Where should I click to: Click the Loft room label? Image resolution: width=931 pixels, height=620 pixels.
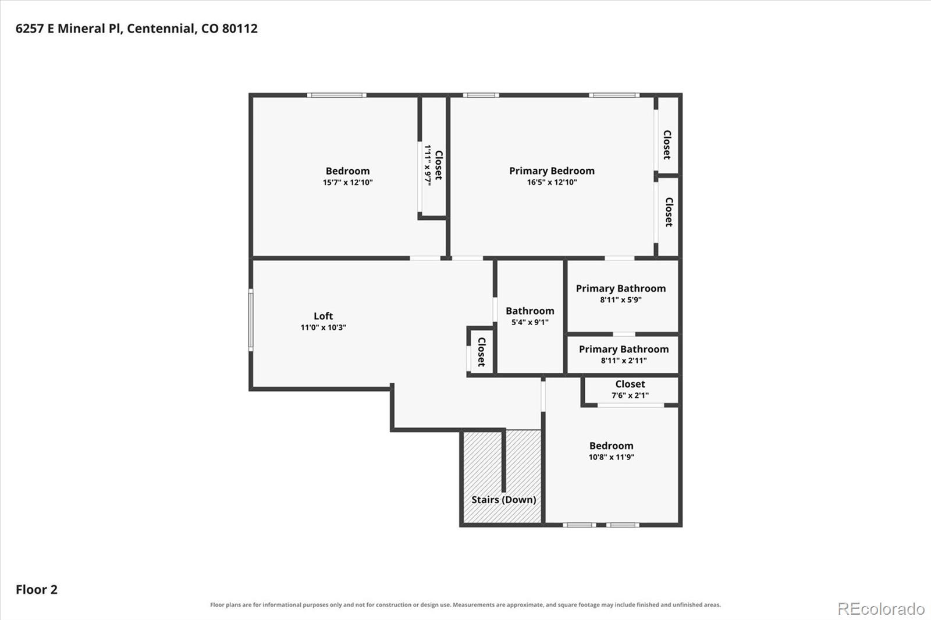pyautogui.click(x=323, y=316)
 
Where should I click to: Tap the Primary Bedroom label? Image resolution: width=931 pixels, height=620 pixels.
pyautogui.click(x=552, y=171)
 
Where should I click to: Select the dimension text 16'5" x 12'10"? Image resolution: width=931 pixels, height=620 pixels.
pyautogui.click(x=552, y=182)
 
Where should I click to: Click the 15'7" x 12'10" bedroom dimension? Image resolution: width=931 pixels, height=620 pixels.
pyautogui.click(x=347, y=182)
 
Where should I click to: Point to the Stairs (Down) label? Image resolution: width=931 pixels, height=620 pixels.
pyautogui.click(x=503, y=500)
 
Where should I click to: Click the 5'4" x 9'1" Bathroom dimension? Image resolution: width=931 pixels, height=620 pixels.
pyautogui.click(x=530, y=322)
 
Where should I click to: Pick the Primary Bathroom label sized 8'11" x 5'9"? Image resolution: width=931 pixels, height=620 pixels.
pyautogui.click(x=620, y=288)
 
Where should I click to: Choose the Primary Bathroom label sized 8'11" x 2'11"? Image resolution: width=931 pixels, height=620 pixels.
pyautogui.click(x=623, y=349)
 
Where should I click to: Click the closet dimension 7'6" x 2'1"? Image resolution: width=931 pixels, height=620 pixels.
pyautogui.click(x=630, y=395)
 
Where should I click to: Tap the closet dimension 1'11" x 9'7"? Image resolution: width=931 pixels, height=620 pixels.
pyautogui.click(x=427, y=165)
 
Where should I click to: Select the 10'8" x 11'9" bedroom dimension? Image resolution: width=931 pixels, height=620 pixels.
pyautogui.click(x=611, y=457)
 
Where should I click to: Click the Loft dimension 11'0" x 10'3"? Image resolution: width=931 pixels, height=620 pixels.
pyautogui.click(x=323, y=327)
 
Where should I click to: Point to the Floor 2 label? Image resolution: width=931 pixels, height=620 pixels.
pyautogui.click(x=37, y=589)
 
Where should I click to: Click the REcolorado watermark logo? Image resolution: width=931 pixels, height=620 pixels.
pyautogui.click(x=881, y=609)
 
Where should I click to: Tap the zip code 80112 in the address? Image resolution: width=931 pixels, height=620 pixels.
pyautogui.click(x=240, y=28)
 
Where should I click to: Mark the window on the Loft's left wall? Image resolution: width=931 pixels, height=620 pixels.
pyautogui.click(x=251, y=320)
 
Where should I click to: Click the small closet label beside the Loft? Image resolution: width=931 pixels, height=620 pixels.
pyautogui.click(x=481, y=351)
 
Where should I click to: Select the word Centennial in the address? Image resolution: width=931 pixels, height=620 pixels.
pyautogui.click(x=161, y=28)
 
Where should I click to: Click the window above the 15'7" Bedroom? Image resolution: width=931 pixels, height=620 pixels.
pyautogui.click(x=337, y=95)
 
